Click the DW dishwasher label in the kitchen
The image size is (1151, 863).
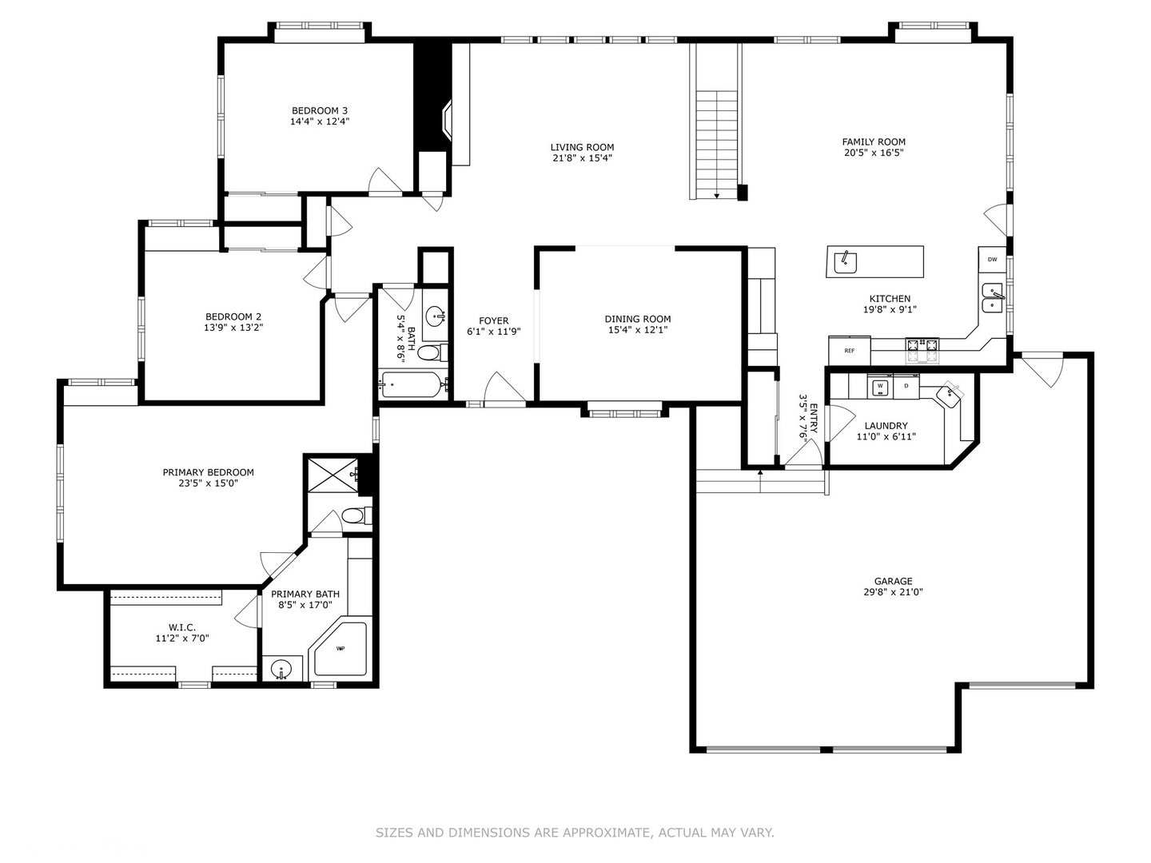(992, 259)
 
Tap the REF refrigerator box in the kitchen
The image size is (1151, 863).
(849, 351)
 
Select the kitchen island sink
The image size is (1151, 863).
(844, 261)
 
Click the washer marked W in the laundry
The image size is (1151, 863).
(880, 387)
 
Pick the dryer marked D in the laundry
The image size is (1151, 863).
(906, 387)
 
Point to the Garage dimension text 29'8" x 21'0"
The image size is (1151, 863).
(893, 592)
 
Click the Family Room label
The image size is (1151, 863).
(874, 141)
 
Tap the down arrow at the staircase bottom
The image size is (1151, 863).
(717, 194)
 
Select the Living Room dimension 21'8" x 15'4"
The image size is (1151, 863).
(582, 158)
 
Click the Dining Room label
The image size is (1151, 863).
(637, 319)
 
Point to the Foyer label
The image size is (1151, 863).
(493, 320)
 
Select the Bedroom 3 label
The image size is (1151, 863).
(319, 110)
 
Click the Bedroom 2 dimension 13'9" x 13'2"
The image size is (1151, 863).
(233, 327)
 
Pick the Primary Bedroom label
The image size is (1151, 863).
(208, 472)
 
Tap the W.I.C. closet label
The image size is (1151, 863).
(181, 627)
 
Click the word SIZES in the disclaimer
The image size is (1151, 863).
(393, 833)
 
